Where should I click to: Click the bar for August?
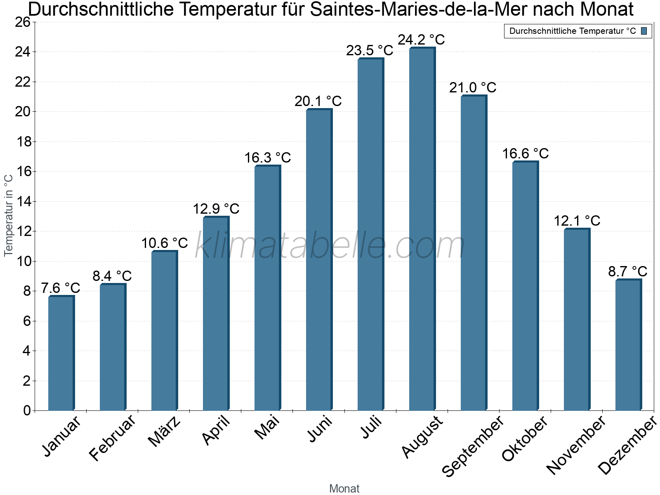422,229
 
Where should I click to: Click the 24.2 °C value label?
421,40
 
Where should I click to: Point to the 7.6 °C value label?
61,288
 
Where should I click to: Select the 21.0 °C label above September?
473,87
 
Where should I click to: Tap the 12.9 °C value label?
216,209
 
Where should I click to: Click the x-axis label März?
165,431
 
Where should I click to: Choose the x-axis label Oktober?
524,438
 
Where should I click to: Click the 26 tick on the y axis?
23,22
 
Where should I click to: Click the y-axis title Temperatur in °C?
9,215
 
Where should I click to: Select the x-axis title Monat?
344,488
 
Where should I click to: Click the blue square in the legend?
644,31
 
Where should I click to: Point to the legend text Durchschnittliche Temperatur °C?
573,31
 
